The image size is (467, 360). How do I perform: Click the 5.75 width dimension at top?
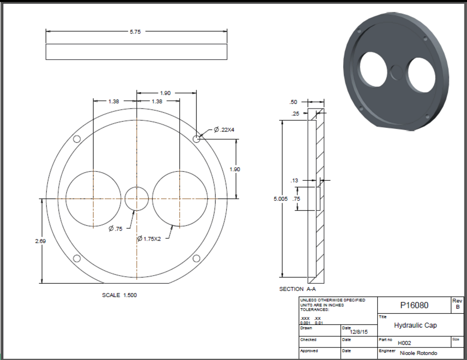pos(136,31)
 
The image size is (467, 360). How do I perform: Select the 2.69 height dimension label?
pos(40,241)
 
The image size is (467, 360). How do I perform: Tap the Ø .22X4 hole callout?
pos(224,129)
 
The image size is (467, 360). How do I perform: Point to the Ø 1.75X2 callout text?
pos(149,239)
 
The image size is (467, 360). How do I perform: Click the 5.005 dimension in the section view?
pos(281,199)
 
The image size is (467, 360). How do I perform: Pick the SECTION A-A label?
pos(298,289)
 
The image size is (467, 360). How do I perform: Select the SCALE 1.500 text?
pos(119,295)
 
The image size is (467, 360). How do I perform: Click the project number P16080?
pos(414,305)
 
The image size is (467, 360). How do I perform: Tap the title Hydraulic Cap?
pos(415,325)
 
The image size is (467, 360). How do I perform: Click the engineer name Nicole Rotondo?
pos(418,353)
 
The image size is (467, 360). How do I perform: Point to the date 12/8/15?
pos(358,331)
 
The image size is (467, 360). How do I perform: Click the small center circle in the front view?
pos(137,199)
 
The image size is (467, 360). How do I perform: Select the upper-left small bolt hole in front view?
pos(77,139)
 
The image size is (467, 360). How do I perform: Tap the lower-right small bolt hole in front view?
pos(196,258)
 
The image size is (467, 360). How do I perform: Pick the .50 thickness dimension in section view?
pos(294,102)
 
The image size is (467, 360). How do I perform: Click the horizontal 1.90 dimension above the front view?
pos(165,93)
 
